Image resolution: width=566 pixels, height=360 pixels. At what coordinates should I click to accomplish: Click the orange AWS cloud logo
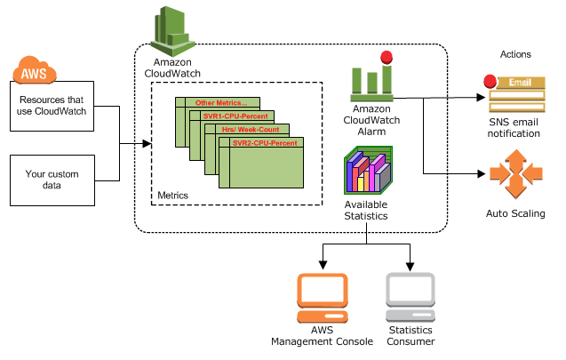pos(35,70)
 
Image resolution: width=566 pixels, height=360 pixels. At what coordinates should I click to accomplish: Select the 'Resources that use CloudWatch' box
pos(52,106)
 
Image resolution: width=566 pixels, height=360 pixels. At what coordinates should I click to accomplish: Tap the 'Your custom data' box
pos(52,180)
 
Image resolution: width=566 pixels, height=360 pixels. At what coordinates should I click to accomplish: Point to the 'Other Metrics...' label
pos(221,103)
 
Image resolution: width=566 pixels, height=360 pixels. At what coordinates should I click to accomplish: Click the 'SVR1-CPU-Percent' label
pos(235,116)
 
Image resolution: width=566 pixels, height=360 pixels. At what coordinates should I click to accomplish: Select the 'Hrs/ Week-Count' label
pos(251,130)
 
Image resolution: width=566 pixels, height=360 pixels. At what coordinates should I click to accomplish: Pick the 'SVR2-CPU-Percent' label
pos(265,143)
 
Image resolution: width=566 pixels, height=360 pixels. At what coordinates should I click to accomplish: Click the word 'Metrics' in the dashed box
pos(173,196)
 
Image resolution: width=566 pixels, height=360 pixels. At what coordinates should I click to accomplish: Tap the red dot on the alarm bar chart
pos(387,57)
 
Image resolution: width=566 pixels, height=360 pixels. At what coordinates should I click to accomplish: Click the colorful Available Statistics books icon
pos(368,170)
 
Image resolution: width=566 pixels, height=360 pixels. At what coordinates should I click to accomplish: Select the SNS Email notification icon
pos(514,94)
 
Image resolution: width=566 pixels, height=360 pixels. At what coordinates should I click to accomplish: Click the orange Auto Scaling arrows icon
pos(516,174)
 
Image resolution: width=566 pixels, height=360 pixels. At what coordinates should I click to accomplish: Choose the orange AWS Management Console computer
pos(323,298)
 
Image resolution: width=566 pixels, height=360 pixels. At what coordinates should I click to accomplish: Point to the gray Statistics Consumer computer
pos(411,298)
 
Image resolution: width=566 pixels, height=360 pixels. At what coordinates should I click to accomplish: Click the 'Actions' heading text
pos(515,54)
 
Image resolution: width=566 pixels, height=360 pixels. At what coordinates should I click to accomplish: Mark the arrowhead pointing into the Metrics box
pos(147,144)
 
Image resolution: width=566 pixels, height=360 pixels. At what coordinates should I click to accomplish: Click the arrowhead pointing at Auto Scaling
pos(481,174)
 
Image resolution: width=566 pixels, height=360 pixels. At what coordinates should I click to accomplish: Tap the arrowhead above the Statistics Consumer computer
pos(411,267)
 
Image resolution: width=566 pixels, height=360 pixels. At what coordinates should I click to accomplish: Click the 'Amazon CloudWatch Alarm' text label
pos(371,120)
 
